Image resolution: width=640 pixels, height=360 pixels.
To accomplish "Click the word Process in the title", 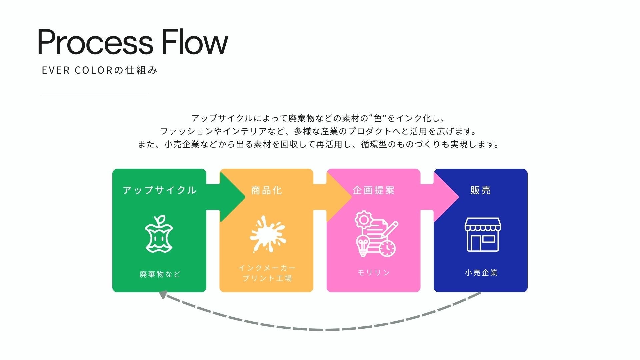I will (95, 42).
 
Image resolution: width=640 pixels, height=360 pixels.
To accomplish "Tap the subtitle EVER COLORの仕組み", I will (99, 70).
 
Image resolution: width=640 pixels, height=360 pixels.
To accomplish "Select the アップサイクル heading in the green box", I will (159, 190).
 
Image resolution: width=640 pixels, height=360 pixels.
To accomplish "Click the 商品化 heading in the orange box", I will (267, 190).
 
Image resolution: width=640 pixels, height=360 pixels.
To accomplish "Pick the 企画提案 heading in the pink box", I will (374, 190).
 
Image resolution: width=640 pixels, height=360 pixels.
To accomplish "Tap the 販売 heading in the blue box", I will (481, 190).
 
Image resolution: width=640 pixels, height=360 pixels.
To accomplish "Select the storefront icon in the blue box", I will (482, 235).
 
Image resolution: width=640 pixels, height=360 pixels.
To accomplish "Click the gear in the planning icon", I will (362, 219).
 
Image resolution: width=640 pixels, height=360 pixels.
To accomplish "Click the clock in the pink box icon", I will (387, 248).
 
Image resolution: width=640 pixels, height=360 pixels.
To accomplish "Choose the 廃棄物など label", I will (160, 274).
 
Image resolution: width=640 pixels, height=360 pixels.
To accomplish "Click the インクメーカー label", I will (267, 268).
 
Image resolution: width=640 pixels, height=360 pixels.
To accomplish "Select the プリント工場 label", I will (267, 278).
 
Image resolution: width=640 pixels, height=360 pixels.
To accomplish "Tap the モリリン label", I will (374, 273).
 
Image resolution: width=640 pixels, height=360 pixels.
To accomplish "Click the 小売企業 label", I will (481, 273).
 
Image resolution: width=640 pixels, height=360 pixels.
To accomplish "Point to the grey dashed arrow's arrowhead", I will (163, 295).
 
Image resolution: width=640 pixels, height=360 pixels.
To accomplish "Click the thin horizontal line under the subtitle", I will (94, 95).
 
